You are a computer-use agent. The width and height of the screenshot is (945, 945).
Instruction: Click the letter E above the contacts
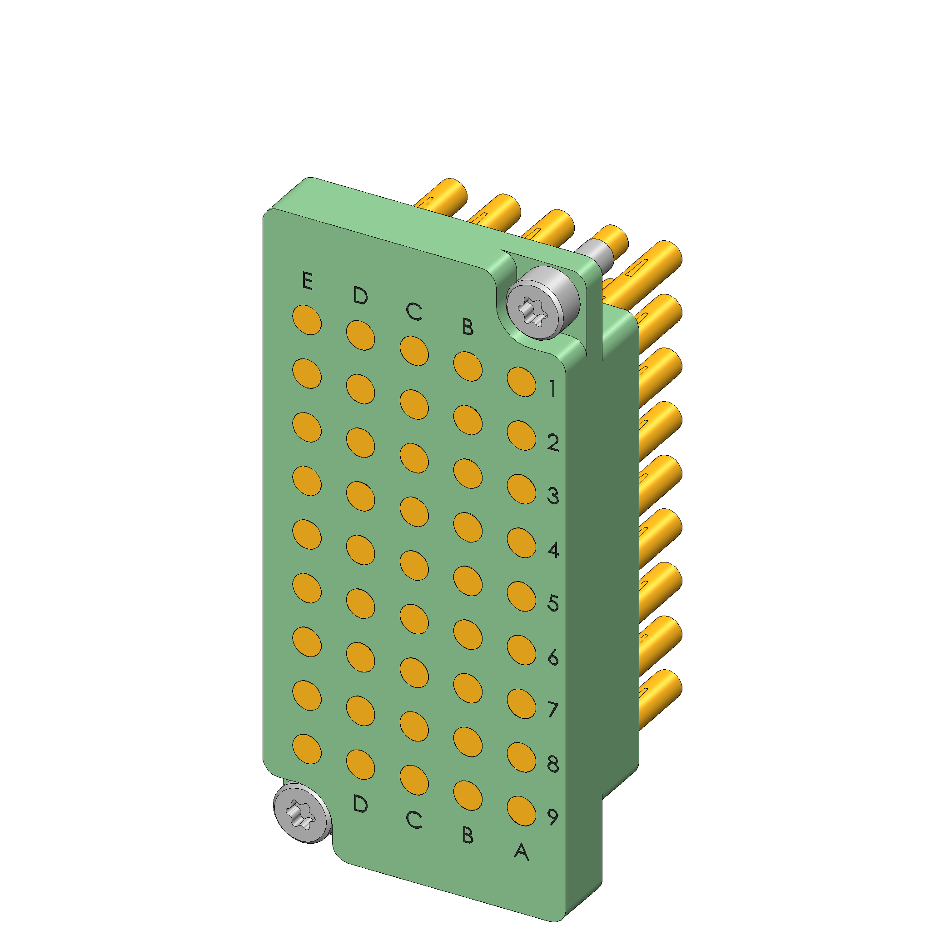point(307,281)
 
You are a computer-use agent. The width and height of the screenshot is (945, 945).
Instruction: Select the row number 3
point(553,496)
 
